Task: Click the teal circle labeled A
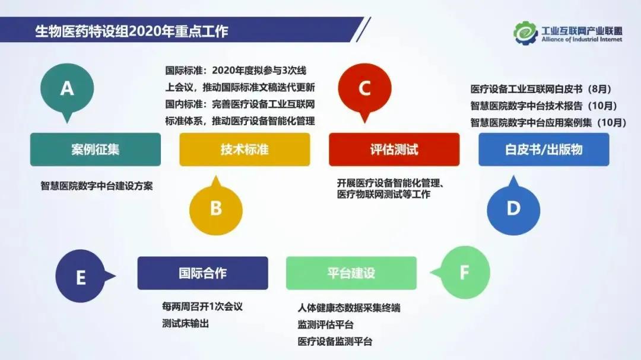(67, 89)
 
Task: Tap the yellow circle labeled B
(216, 208)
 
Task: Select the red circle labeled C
(364, 89)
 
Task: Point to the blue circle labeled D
(513, 208)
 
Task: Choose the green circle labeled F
(465, 273)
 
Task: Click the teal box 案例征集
(96, 149)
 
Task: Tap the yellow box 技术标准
(245, 149)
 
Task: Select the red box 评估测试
(394, 149)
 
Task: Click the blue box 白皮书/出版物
(544, 149)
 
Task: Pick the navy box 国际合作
(202, 273)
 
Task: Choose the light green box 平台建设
(351, 273)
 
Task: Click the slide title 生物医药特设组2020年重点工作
(131, 31)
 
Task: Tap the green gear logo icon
(525, 33)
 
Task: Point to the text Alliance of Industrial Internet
(582, 40)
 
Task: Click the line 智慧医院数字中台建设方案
(97, 186)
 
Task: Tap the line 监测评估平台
(326, 325)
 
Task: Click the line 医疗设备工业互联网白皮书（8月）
(541, 90)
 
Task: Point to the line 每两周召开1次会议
(202, 307)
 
